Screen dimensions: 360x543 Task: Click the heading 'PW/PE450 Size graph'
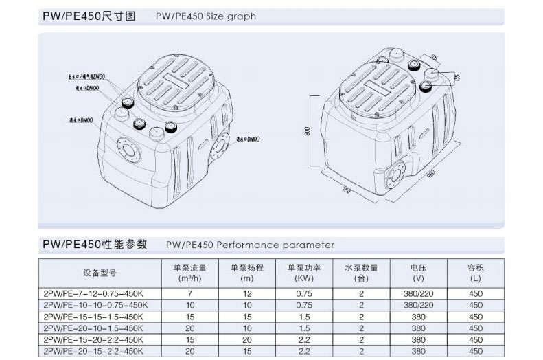coord(205,16)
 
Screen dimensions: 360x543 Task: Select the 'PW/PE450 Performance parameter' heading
coord(250,245)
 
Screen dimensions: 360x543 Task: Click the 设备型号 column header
coord(100,273)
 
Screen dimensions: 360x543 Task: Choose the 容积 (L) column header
coord(475,273)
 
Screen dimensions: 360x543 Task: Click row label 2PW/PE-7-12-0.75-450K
coord(94,293)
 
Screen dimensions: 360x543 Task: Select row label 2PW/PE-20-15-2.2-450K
coord(94,351)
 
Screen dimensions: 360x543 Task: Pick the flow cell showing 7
coord(189,293)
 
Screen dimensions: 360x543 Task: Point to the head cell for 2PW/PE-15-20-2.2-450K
coord(247,339)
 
